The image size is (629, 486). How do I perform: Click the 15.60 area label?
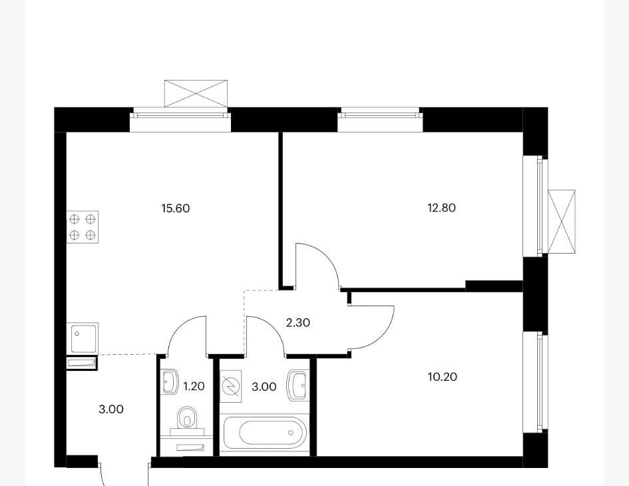(175, 208)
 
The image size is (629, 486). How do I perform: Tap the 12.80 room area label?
(442, 208)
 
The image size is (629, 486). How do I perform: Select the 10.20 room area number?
(443, 377)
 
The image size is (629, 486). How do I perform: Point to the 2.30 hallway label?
(298, 323)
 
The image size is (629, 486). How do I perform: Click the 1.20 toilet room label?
(194, 387)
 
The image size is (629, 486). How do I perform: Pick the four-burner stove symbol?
(83, 227)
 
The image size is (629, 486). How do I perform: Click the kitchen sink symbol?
(83, 339)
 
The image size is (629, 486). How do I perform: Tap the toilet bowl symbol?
(186, 418)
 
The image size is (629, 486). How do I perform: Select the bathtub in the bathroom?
(265, 433)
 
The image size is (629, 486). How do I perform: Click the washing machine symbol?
(232, 386)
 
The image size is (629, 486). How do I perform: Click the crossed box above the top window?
(196, 93)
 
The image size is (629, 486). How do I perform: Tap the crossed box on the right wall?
(561, 222)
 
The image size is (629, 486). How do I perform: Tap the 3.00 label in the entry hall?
(111, 409)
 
